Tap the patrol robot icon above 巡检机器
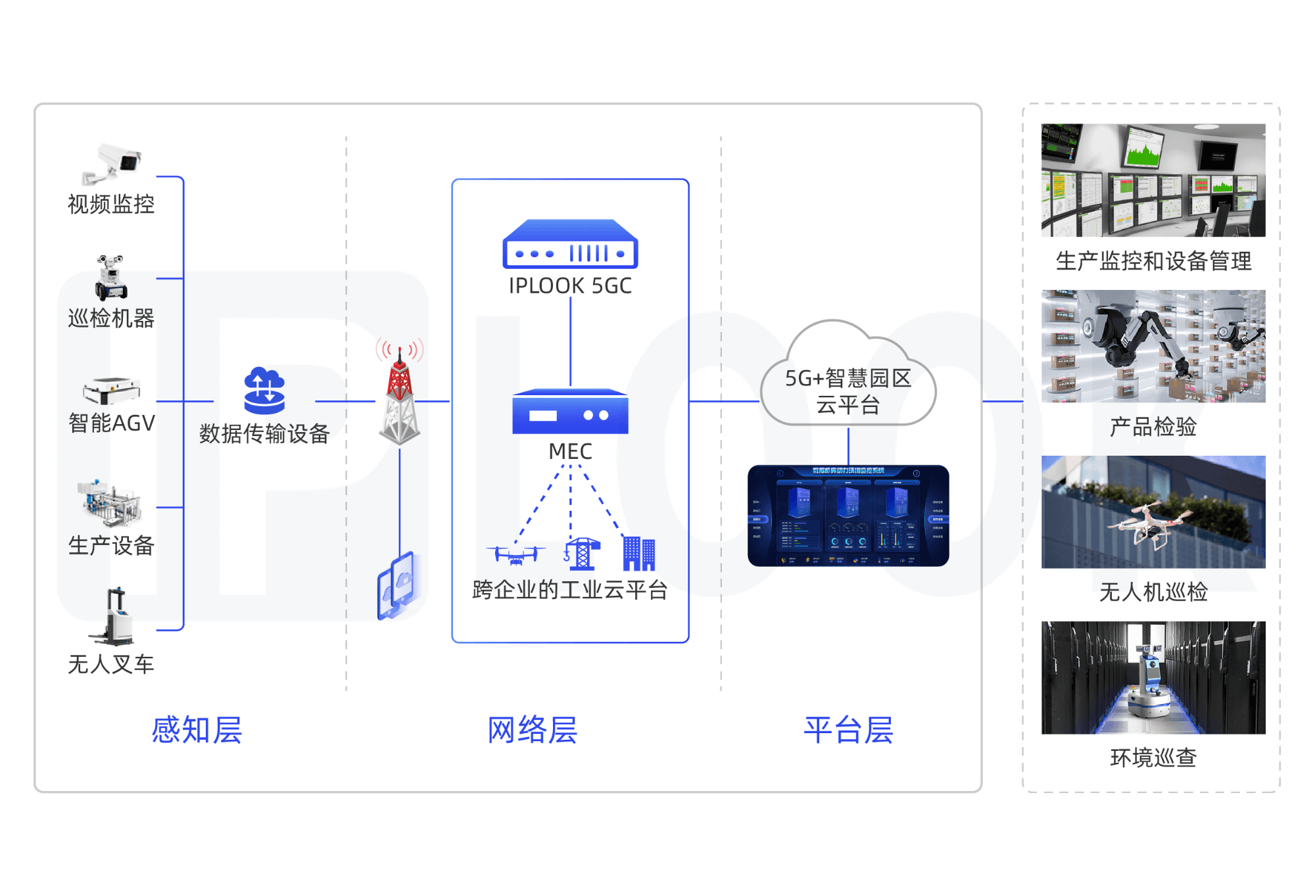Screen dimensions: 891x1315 110,277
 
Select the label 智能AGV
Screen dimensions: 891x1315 112,423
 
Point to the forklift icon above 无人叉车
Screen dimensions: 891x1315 114,617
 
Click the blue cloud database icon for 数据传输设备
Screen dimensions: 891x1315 264,391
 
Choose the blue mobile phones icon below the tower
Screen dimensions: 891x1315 396,585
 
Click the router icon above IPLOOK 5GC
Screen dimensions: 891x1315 570,245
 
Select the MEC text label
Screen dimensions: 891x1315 570,452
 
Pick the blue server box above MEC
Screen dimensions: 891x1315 570,412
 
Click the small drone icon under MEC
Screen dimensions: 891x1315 516,554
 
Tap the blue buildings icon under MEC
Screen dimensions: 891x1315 638,554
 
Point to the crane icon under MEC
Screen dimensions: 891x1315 582,554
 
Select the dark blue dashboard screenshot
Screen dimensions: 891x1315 848,516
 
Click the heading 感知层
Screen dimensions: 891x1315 197,730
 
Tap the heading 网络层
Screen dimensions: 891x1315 532,730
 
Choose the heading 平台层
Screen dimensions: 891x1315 848,730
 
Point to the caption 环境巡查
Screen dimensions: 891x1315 1153,758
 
